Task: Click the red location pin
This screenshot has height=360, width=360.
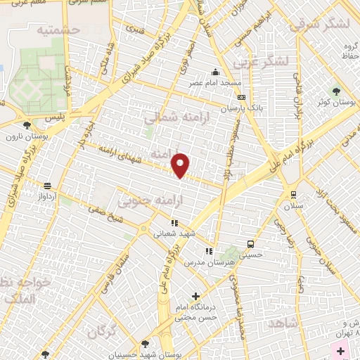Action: pos(181,165)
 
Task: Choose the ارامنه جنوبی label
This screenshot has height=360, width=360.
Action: pos(144,202)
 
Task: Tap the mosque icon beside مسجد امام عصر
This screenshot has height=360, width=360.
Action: pos(214,71)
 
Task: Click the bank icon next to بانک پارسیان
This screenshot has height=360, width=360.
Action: pos(242,98)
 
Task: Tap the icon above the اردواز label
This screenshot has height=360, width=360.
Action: pos(47,186)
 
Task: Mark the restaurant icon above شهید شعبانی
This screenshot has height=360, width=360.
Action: pos(174,224)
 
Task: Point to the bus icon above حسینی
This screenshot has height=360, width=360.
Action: pos(250,244)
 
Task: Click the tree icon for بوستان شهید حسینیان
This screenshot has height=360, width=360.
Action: pos(145,344)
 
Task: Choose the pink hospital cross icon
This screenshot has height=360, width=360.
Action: pos(341,350)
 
